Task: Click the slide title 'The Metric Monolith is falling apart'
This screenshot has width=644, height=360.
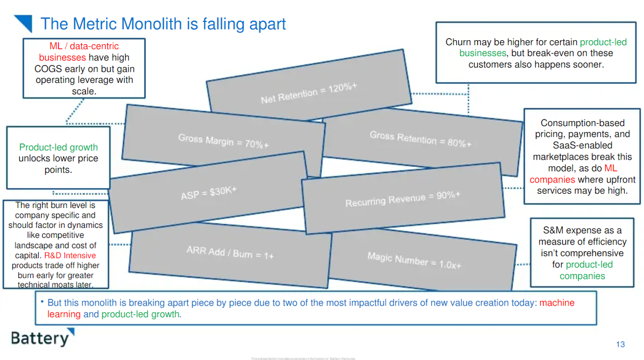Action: click(163, 24)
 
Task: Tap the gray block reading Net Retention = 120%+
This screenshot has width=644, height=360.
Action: click(309, 93)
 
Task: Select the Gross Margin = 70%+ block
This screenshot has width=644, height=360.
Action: click(223, 141)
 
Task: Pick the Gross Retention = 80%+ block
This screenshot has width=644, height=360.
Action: click(421, 138)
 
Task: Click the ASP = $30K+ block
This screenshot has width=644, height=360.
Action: click(209, 193)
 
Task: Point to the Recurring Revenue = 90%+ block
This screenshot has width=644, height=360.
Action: click(402, 199)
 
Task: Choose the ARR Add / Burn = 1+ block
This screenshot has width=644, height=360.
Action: click(230, 253)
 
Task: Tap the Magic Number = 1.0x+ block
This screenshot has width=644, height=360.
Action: click(414, 260)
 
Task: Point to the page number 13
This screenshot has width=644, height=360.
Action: click(620, 344)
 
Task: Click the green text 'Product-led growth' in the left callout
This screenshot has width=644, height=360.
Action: click(58, 147)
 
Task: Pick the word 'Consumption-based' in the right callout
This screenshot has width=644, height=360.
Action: click(582, 123)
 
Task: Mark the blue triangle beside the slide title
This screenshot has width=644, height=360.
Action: click(23, 23)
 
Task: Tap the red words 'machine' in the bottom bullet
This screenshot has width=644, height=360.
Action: click(557, 303)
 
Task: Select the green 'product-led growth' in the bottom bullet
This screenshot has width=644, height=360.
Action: click(140, 314)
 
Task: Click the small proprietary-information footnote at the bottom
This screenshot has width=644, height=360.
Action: click(303, 358)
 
